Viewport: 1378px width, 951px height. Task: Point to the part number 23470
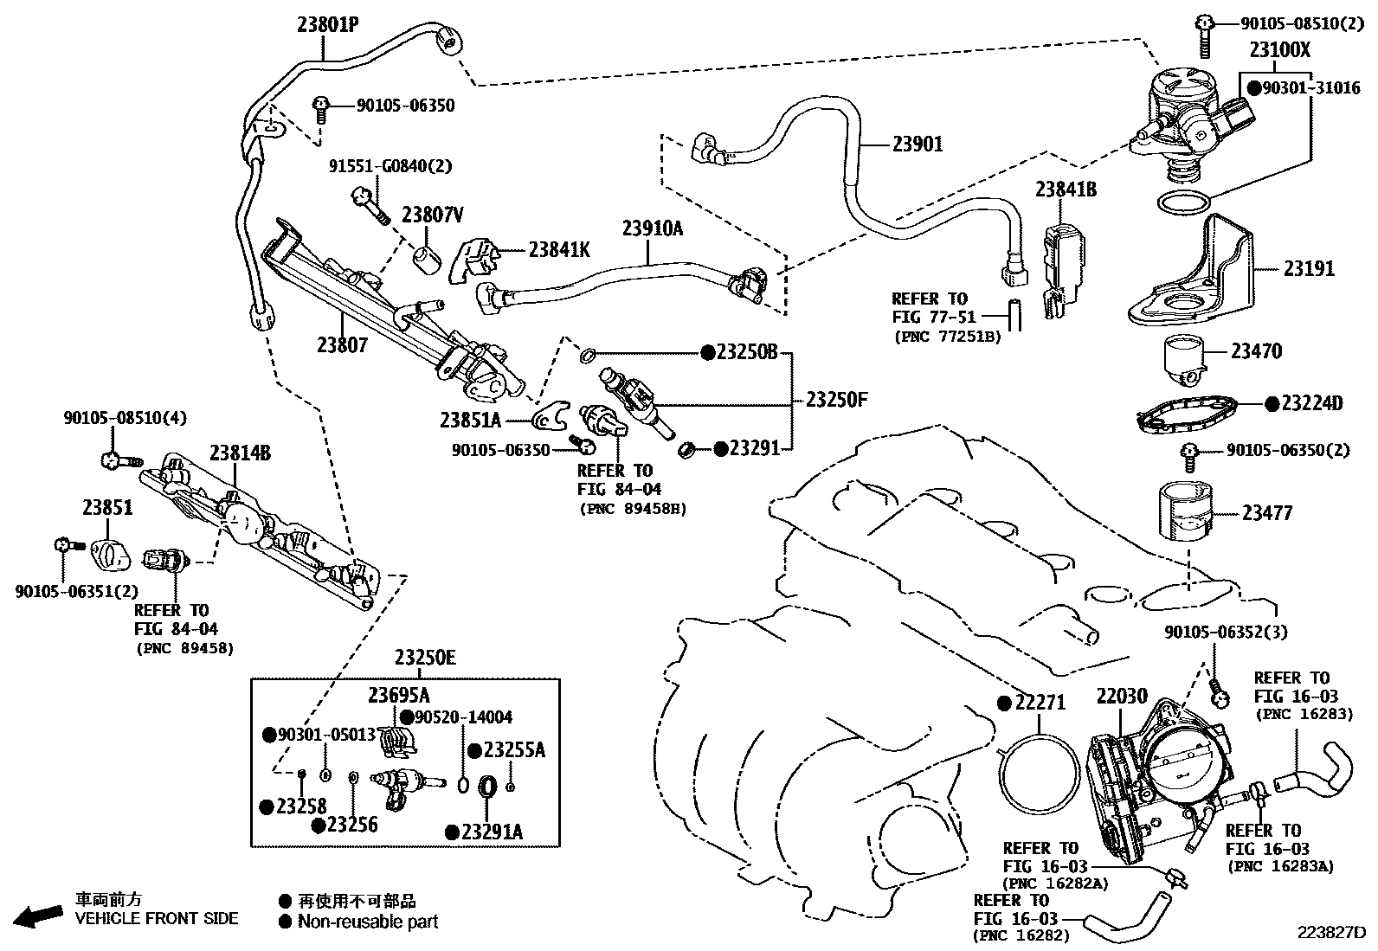[x=1256, y=351]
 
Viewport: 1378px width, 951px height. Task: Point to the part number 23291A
[x=492, y=832]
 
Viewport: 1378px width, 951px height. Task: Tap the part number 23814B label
[x=240, y=453]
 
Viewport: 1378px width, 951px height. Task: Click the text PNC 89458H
[x=633, y=509]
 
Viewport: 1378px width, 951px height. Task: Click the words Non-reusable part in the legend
[x=367, y=922]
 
